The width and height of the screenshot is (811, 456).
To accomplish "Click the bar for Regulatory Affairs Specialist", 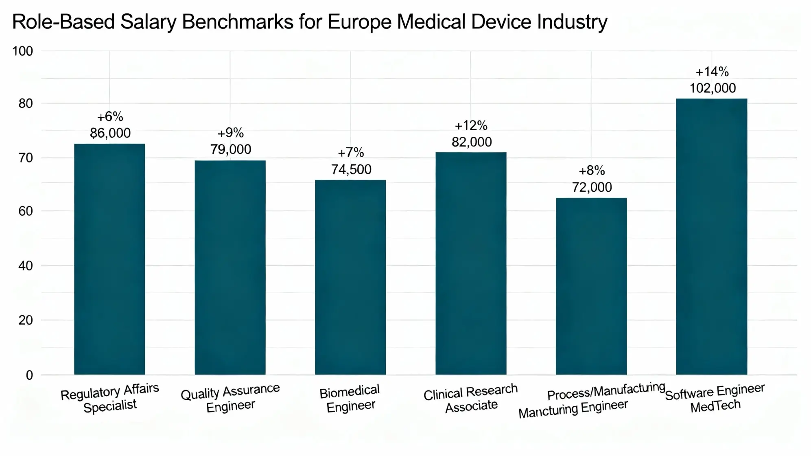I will [x=109, y=259].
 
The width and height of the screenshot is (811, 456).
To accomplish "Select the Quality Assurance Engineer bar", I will [x=230, y=267].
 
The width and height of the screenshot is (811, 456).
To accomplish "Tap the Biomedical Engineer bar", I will [x=350, y=277].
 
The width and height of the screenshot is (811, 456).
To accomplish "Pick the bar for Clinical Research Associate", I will [x=471, y=263].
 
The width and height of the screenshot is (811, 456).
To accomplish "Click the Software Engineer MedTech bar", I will [x=711, y=236].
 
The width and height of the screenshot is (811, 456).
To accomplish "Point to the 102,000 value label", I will [x=713, y=88].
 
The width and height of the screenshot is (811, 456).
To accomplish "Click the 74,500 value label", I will [x=351, y=169].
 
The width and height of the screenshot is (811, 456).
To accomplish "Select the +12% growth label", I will [x=471, y=125].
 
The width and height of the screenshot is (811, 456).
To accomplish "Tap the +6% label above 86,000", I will [x=110, y=117].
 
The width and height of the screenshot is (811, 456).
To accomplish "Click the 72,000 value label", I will [x=592, y=187].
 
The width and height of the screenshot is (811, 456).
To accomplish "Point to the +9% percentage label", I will [x=230, y=133].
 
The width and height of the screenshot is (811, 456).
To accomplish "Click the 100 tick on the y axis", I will [x=22, y=51].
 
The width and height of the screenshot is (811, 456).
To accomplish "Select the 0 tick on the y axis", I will [x=29, y=375].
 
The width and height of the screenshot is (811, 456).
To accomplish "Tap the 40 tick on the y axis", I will [x=25, y=266].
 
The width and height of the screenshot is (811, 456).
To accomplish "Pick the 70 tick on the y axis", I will [x=25, y=158].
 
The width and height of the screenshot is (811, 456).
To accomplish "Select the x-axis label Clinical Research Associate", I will [x=471, y=398].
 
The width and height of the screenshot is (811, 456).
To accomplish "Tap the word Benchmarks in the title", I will [x=238, y=22].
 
